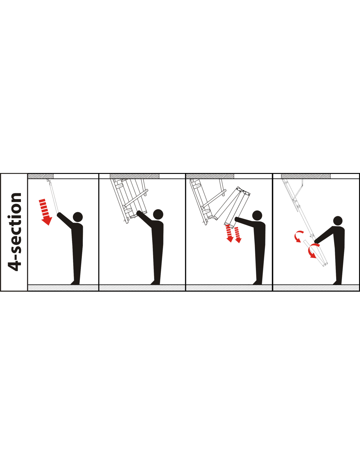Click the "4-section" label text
click(x=15, y=232)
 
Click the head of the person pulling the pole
click(x=78, y=217)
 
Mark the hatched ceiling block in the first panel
click(x=41, y=176)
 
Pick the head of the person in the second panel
click(x=158, y=214)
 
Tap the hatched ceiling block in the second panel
click(x=135, y=176)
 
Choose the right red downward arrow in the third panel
click(x=238, y=235)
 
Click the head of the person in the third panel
click(x=257, y=216)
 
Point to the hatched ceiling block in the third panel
click(x=210, y=176)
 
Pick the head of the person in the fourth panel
click(x=338, y=221)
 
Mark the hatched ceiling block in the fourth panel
click(x=306, y=176)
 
